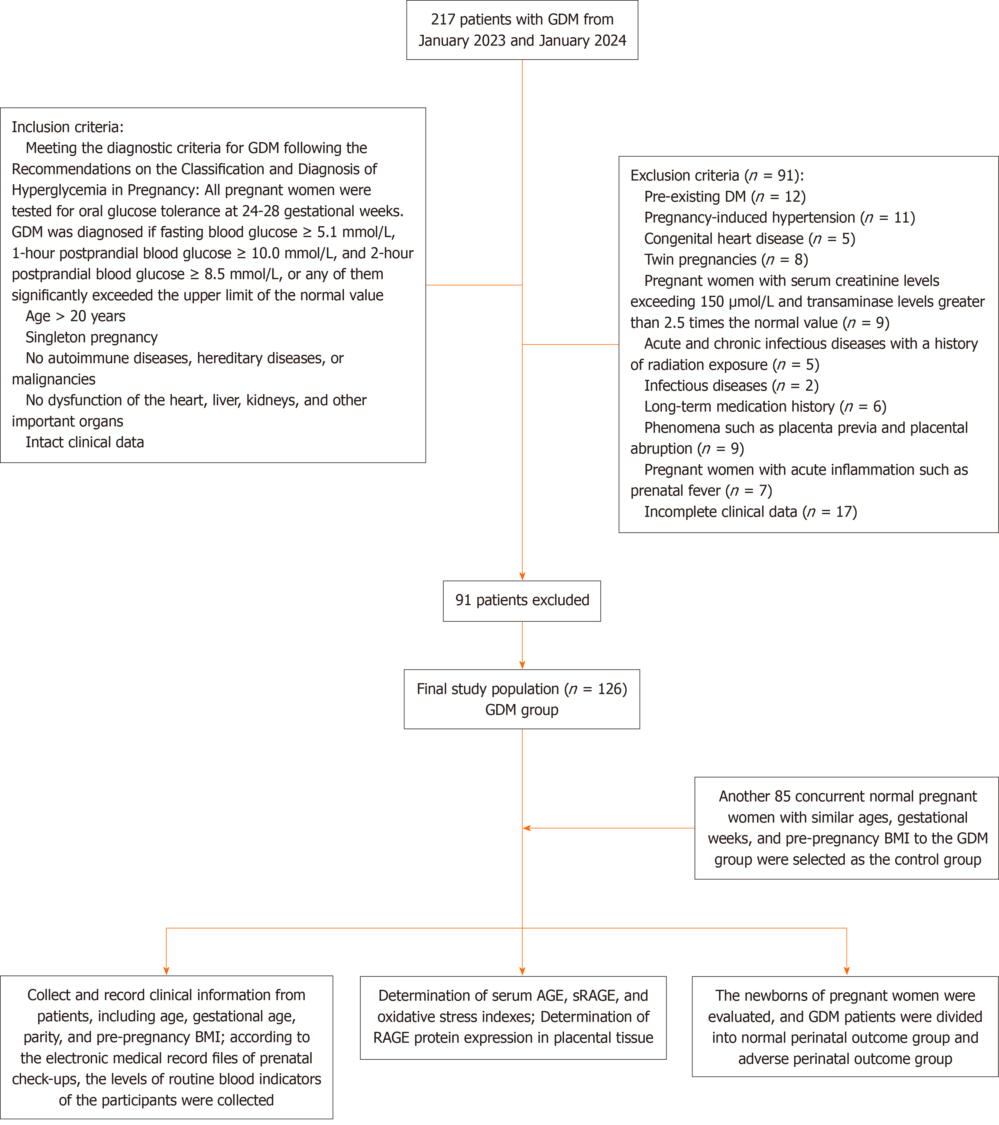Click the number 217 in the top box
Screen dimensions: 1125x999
tap(443, 20)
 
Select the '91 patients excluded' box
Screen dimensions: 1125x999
tap(521, 601)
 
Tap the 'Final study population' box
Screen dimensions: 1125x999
tap(521, 699)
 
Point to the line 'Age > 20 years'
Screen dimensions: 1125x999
tap(75, 316)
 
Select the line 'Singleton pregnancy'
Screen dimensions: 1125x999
tap(91, 337)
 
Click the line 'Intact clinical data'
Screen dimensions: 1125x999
tap(85, 442)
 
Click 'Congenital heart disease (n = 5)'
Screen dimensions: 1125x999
tap(749, 239)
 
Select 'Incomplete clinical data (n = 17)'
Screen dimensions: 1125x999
tap(750, 512)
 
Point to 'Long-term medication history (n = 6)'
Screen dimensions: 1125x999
tap(765, 407)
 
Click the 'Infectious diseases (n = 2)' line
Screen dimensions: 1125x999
tap(731, 386)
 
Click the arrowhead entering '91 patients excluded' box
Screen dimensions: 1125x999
tap(522, 576)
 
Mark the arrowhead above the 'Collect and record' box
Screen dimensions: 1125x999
tap(166, 971)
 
